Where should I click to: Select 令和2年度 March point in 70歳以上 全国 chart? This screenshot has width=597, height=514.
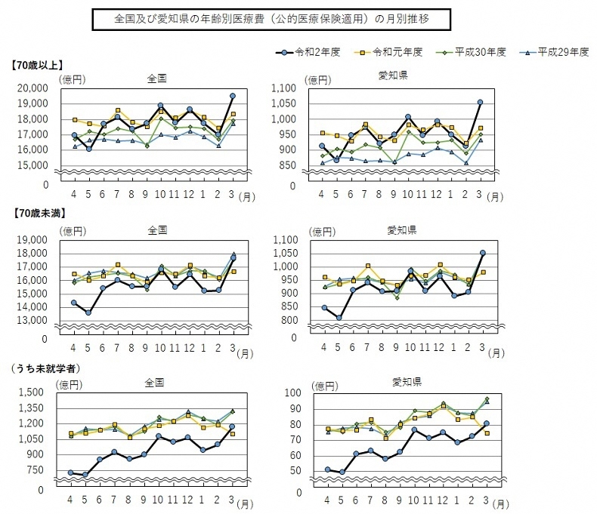coord(233,96)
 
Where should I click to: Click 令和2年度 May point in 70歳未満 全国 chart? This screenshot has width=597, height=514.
coord(88,312)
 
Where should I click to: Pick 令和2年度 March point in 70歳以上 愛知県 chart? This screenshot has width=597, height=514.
coord(480,102)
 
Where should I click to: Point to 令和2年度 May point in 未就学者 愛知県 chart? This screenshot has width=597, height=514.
coord(342,472)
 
